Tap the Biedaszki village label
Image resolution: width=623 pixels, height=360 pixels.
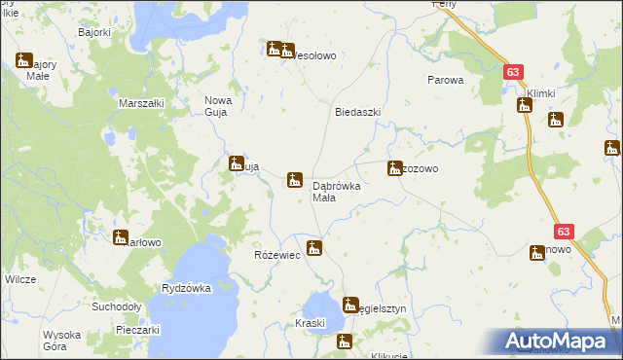[x=357, y=112]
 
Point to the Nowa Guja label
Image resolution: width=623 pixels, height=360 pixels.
[x=215, y=105]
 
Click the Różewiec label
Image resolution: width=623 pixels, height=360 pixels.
[x=275, y=255]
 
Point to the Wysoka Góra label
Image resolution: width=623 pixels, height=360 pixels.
[x=61, y=341]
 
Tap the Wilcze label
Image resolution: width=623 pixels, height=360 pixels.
[x=20, y=279]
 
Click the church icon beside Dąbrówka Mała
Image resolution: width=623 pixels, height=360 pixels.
[x=294, y=180]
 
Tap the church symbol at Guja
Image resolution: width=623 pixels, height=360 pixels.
[x=237, y=163]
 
